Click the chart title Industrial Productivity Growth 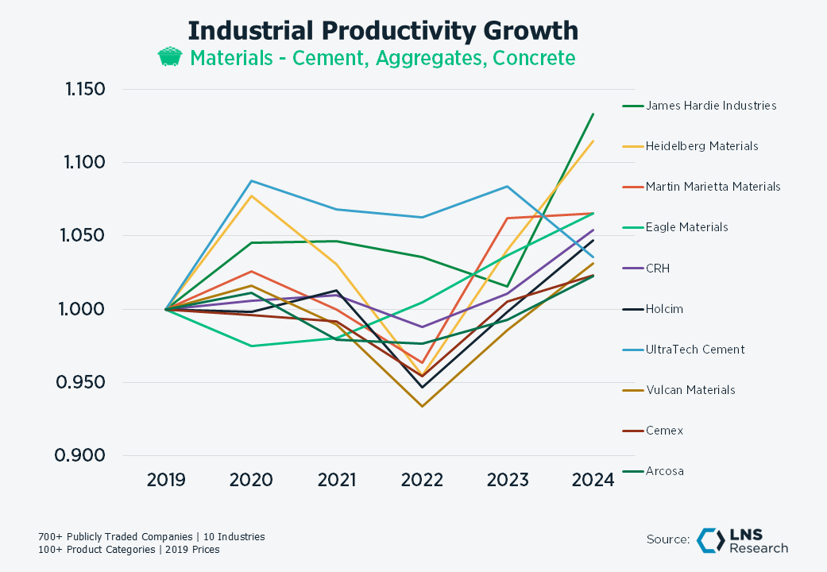point(383,31)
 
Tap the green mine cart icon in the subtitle point(169,58)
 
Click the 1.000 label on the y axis point(83,309)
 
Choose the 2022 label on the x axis point(422,480)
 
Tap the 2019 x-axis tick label point(166,480)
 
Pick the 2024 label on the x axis point(593,480)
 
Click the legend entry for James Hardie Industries point(711,105)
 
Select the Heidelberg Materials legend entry point(701,146)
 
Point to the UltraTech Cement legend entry point(695,350)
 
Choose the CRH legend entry point(658,269)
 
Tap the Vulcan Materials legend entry point(690,390)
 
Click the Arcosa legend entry point(665,471)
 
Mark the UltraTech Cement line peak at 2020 point(251,180)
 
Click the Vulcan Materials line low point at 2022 point(422,407)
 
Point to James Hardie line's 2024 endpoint point(593,114)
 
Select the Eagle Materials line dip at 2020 point(251,346)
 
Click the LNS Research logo point(742,540)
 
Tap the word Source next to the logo point(667,540)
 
